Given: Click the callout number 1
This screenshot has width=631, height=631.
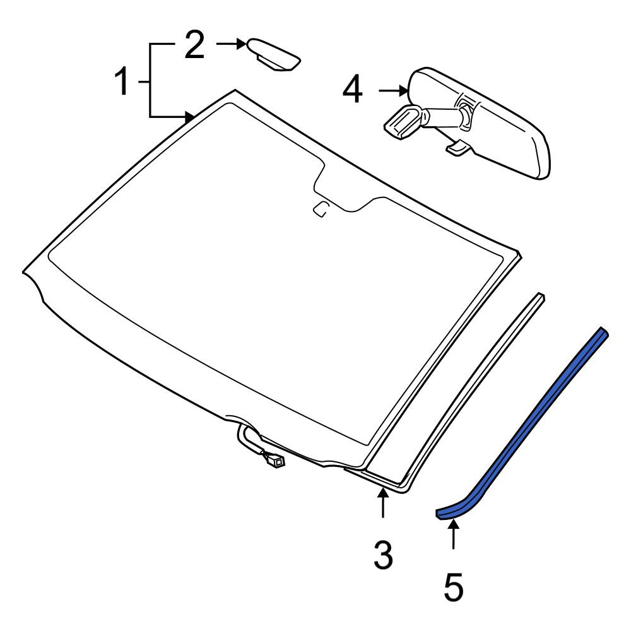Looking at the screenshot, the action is (x=122, y=81).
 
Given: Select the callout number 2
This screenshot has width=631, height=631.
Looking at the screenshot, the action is (x=194, y=45).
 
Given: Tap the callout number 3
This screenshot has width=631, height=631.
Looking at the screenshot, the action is (x=383, y=555).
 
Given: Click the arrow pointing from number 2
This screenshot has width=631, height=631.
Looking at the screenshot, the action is (x=231, y=44).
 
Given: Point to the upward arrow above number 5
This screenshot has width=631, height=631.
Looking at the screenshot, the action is (x=454, y=534).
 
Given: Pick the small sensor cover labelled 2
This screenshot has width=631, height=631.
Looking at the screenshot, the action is (x=274, y=55).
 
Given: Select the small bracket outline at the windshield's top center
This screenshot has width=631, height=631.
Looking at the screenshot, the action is (x=321, y=209).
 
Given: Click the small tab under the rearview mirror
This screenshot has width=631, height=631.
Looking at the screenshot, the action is (x=457, y=147).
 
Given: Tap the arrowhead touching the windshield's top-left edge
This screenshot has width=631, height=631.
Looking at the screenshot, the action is (x=190, y=117).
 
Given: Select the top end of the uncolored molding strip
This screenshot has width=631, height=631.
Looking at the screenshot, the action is (x=541, y=296).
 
